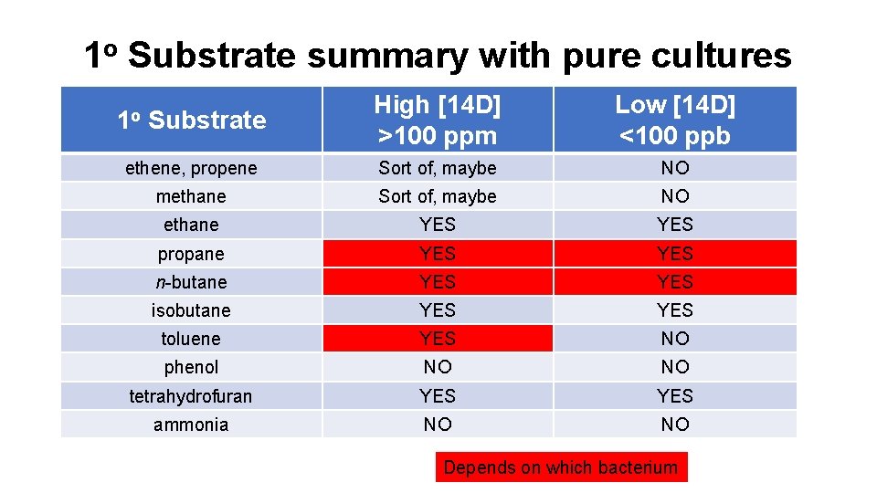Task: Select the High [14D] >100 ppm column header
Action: (x=438, y=120)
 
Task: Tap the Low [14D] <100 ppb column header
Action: (x=675, y=120)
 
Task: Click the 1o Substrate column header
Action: (x=192, y=120)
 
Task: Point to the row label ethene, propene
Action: (x=192, y=168)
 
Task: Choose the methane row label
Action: (x=192, y=196)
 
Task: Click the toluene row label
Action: (x=192, y=339)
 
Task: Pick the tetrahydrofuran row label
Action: (x=192, y=396)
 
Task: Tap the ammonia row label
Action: (x=192, y=425)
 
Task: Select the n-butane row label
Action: (x=192, y=282)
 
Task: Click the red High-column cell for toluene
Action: (x=438, y=339)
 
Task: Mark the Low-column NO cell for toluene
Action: (x=675, y=339)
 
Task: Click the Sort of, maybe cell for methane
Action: (x=438, y=196)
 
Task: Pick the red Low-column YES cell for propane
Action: (x=675, y=253)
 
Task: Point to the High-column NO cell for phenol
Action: (x=438, y=367)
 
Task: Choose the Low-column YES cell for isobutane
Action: (x=675, y=310)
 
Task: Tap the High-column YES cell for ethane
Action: (x=438, y=225)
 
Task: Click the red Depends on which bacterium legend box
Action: (x=561, y=468)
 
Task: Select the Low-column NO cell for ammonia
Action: (x=675, y=425)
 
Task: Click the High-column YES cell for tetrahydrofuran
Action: (x=438, y=396)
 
